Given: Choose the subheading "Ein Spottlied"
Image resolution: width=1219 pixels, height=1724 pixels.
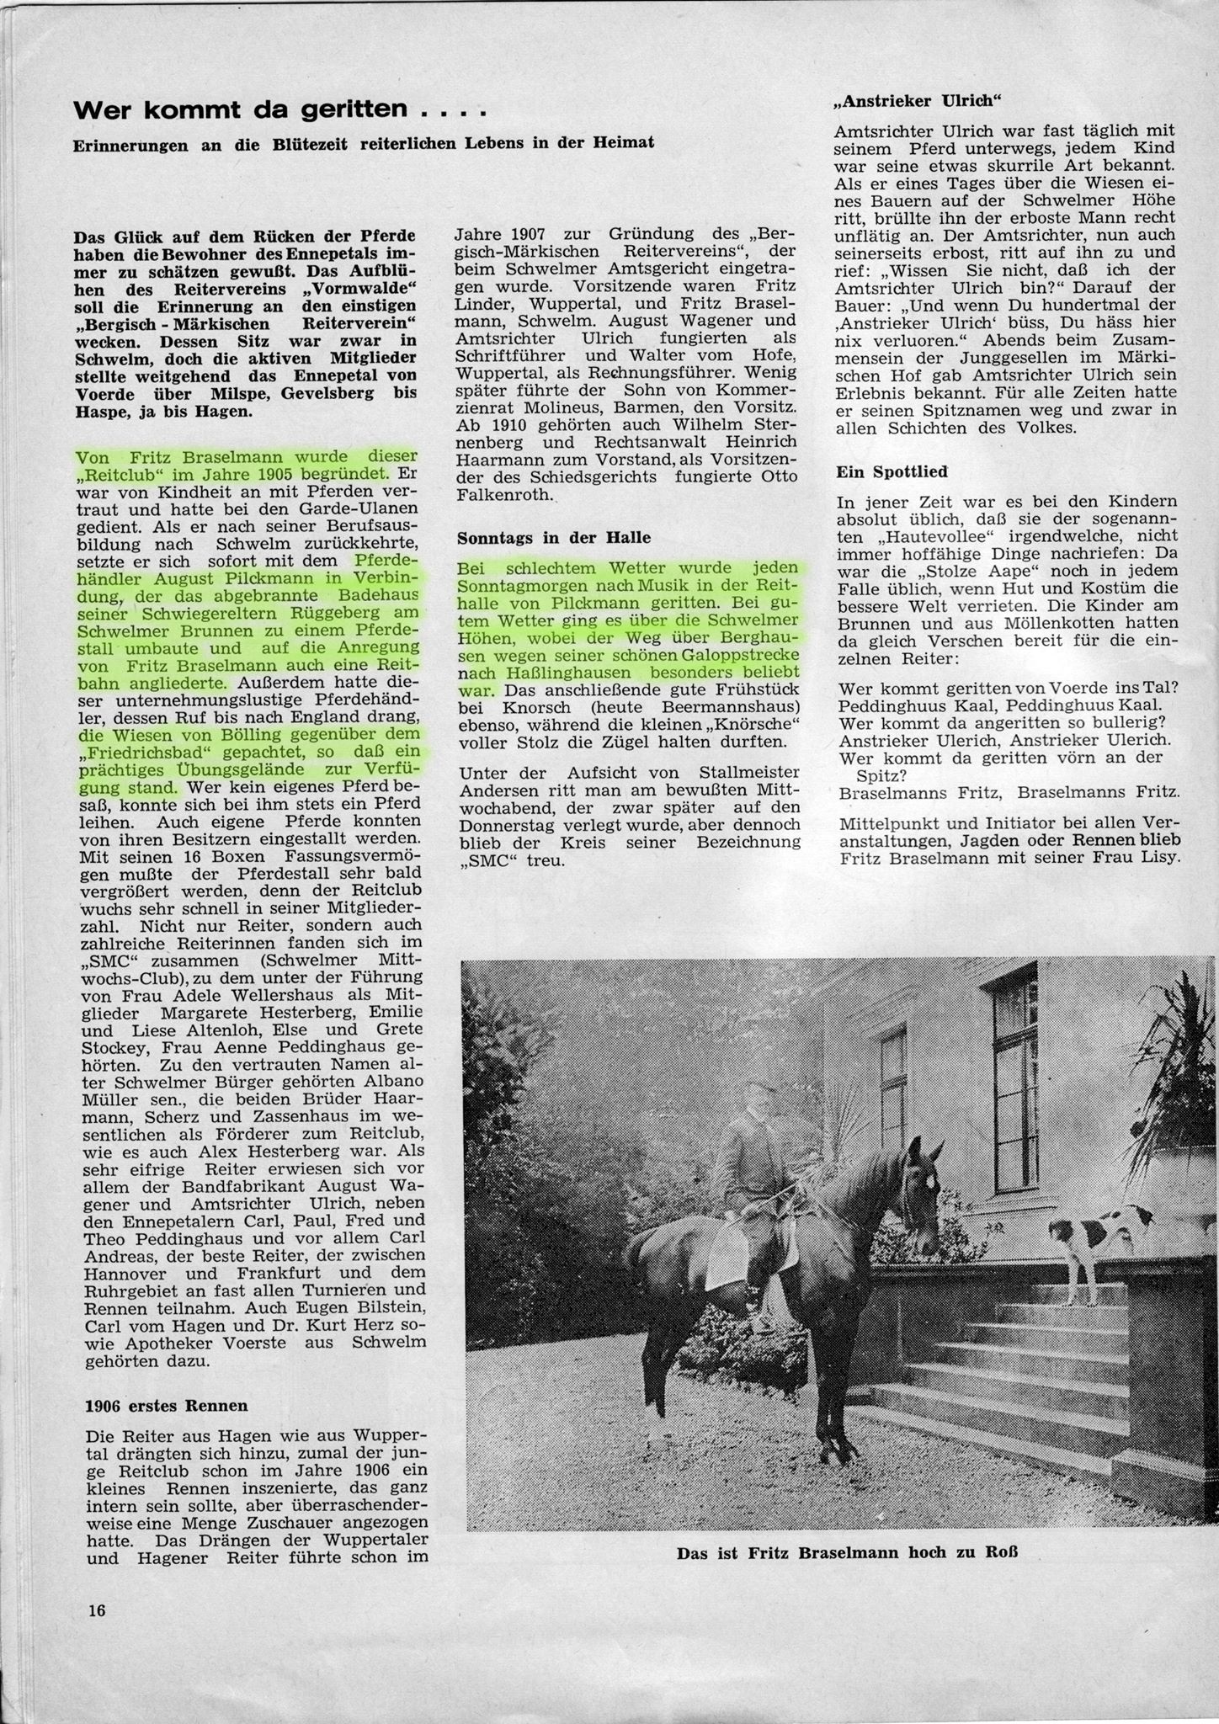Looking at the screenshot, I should [x=881, y=471].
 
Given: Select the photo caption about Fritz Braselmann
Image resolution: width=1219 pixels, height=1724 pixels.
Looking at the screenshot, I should [x=847, y=1552].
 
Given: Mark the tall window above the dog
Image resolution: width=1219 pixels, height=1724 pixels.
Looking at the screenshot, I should [x=1023, y=1094].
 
